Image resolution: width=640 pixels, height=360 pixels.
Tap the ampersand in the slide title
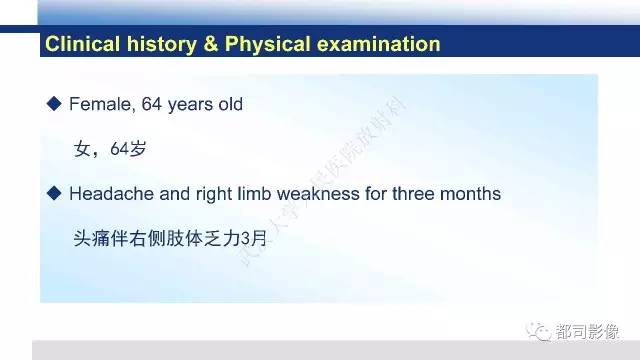[x=211, y=45]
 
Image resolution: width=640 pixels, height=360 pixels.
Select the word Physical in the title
[x=269, y=45]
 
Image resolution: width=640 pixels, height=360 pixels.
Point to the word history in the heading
[x=159, y=45]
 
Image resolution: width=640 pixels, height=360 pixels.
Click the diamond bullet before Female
[x=55, y=104]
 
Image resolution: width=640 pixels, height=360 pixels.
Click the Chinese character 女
[x=83, y=149]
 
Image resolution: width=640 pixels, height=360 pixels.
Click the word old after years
[x=230, y=104]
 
